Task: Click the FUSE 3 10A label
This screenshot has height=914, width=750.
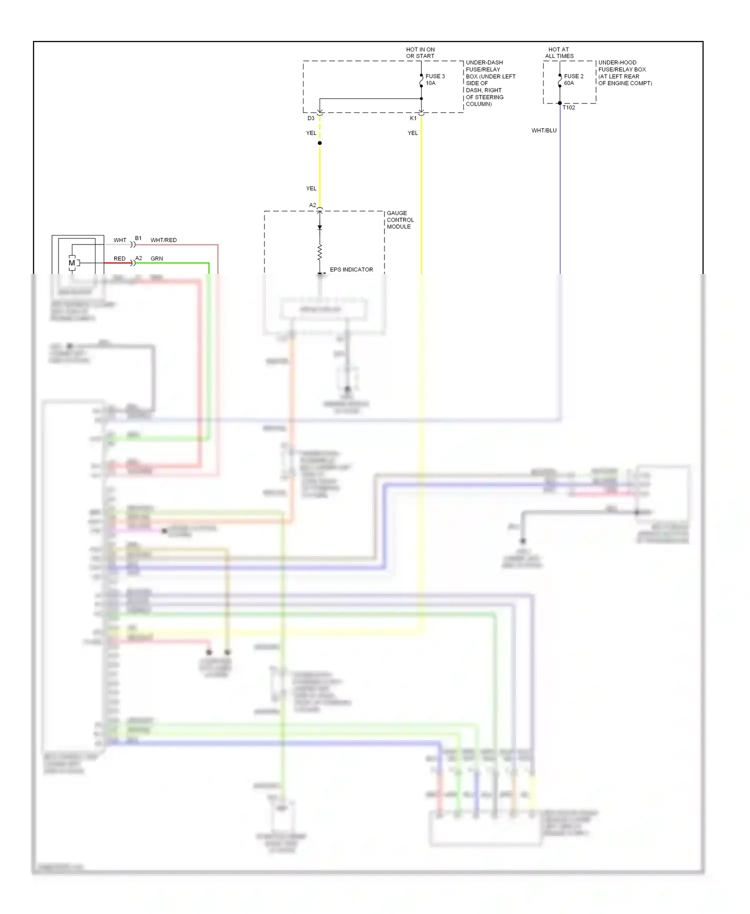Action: (434, 79)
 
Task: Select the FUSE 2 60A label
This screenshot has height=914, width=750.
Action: (573, 79)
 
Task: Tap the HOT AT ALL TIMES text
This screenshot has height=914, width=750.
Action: (559, 52)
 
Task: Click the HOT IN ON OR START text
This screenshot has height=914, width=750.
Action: (420, 52)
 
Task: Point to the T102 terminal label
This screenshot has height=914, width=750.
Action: (568, 107)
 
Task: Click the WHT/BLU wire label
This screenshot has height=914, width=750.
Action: (543, 130)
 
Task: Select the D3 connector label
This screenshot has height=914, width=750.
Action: (311, 118)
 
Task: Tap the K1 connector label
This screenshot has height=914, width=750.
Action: (413, 118)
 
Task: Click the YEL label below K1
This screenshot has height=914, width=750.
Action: (412, 133)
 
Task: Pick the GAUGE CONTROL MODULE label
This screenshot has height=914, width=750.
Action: (400, 220)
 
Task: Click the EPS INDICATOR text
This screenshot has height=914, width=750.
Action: (351, 269)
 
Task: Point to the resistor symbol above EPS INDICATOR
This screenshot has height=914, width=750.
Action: (320, 252)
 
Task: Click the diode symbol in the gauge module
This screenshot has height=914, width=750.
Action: (320, 227)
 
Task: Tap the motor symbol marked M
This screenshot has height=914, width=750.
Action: (72, 263)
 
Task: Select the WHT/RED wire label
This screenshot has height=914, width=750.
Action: (163, 240)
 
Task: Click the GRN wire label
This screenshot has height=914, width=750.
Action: (156, 258)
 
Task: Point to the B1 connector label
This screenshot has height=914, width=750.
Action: (138, 238)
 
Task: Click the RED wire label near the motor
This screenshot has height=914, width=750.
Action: (119, 258)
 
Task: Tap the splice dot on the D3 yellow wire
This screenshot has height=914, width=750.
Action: (320, 143)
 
